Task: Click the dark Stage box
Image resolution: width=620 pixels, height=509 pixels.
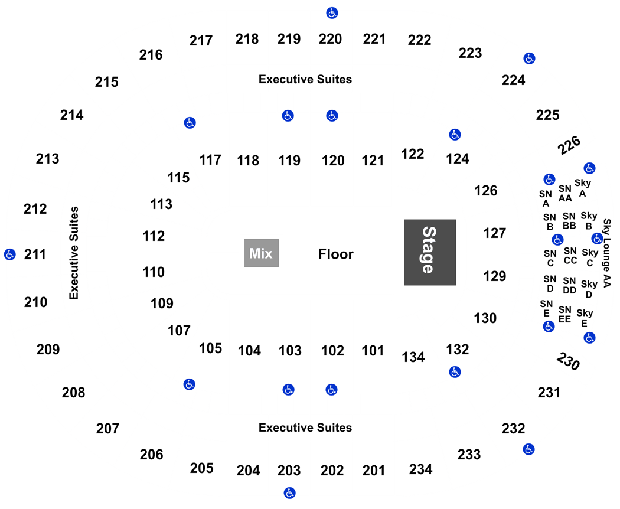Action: [430, 252]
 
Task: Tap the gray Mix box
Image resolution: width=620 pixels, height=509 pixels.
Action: [262, 253]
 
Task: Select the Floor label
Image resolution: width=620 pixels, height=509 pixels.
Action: [336, 254]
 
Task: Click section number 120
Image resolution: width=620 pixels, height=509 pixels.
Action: [333, 161]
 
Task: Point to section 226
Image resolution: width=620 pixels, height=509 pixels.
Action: [569, 145]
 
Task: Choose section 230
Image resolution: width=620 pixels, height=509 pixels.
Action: [568, 361]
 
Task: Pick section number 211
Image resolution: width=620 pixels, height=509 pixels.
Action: [35, 255]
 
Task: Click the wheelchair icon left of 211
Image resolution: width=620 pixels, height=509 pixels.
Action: [10, 255]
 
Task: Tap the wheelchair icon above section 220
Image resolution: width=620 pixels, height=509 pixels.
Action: [332, 13]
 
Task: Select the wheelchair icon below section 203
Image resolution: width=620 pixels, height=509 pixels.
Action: [290, 493]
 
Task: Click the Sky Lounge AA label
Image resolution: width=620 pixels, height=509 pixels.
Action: [607, 253]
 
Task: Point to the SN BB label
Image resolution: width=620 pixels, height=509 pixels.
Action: [569, 221]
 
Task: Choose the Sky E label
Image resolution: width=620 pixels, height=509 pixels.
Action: [585, 318]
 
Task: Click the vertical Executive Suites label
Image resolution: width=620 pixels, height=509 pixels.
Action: [74, 253]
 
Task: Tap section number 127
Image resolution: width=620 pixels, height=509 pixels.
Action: [495, 233]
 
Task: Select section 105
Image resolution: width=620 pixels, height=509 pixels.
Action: [210, 348]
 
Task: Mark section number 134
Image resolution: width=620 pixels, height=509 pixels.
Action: [413, 357]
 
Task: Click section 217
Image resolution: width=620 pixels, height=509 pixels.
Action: [201, 40]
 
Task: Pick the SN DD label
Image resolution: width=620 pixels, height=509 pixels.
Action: [569, 285]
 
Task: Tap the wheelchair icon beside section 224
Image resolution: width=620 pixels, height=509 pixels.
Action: [530, 58]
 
